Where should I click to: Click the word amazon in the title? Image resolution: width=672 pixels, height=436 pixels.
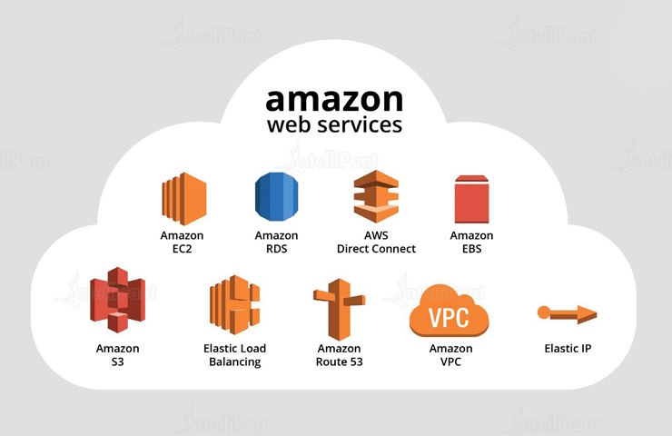tap(333, 97)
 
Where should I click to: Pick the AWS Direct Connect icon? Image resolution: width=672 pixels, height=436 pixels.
tap(376, 196)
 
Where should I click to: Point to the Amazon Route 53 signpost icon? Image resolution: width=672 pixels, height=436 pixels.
tap(339, 309)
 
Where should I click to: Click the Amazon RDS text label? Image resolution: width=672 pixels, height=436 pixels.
tap(277, 242)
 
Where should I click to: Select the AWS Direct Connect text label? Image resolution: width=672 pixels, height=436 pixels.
tap(376, 242)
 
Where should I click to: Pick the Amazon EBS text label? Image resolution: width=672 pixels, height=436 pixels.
tap(471, 242)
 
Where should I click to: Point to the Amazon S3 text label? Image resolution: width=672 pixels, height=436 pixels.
tap(118, 354)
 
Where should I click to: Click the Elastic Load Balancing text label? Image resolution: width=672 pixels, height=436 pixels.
tap(234, 354)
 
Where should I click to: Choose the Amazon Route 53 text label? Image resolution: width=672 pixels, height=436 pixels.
tap(340, 354)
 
